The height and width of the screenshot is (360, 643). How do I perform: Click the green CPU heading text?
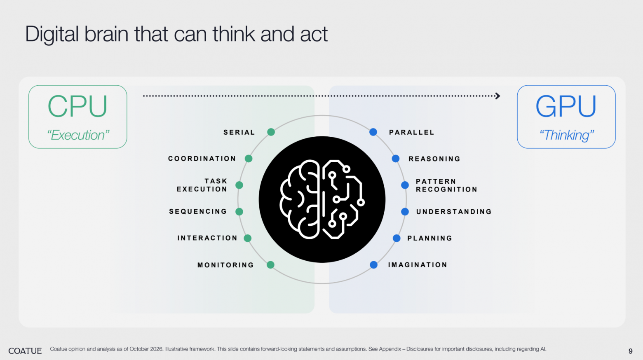click(77, 106)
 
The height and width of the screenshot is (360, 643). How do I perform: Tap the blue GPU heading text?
click(566, 106)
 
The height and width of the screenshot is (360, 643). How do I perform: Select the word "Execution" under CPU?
click(78, 135)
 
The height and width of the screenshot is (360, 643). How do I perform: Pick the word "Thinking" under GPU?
click(567, 135)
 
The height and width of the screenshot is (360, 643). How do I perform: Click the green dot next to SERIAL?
click(271, 132)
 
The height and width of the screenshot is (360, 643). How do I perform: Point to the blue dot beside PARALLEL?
click(373, 132)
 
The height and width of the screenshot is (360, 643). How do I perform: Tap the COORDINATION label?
click(202, 159)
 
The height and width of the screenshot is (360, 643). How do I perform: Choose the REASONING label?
click(434, 159)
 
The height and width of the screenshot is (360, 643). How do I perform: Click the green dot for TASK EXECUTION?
click(239, 185)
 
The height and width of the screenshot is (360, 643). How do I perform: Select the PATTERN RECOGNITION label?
click(447, 185)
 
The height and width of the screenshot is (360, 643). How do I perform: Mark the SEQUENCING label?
click(198, 211)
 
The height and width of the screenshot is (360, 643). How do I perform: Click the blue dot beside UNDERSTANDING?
click(405, 211)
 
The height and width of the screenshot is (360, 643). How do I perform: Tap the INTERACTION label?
click(208, 238)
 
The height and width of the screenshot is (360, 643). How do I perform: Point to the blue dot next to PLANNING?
click(397, 238)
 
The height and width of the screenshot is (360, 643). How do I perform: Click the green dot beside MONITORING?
click(270, 265)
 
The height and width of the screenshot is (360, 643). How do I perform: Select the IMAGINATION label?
click(418, 265)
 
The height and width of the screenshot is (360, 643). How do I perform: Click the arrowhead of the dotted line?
click(498, 96)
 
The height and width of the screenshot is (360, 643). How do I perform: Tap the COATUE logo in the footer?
click(25, 351)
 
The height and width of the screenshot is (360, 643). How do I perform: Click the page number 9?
click(630, 351)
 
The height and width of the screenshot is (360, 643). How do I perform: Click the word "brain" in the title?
click(106, 34)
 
